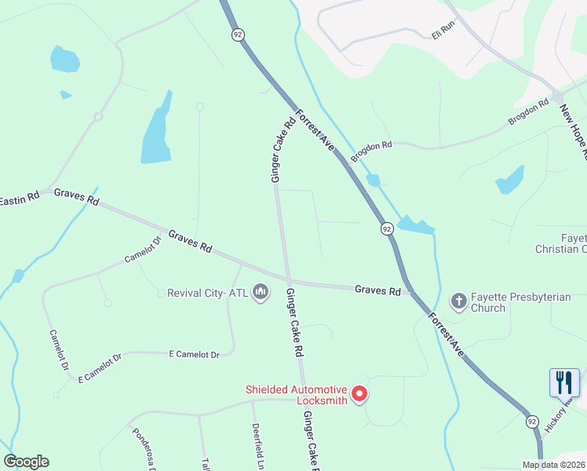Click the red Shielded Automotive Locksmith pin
(x=359, y=393)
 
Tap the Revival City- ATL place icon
(x=261, y=293)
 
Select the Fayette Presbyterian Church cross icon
(x=458, y=301)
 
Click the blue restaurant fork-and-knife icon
(x=564, y=383)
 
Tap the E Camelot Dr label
(x=194, y=355)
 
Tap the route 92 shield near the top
(x=237, y=35)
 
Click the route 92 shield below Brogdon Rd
(x=387, y=228)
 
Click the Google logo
(x=26, y=462)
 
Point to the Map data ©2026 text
(x=552, y=465)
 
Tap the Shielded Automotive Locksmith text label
(x=296, y=394)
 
